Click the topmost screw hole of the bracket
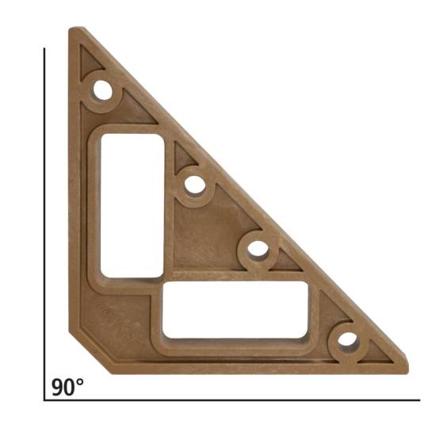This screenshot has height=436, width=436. pyautogui.click(x=103, y=90)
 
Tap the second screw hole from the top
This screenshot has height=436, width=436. pyautogui.click(x=195, y=185)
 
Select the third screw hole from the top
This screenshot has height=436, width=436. pyautogui.click(x=258, y=249)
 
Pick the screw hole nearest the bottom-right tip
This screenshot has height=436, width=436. pyautogui.click(x=347, y=340)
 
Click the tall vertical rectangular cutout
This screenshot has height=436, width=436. pyautogui.click(x=132, y=206)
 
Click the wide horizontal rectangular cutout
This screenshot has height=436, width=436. pyautogui.click(x=235, y=310)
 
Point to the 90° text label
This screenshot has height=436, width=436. pyautogui.click(x=67, y=387)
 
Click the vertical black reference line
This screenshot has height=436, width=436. pyautogui.click(x=44, y=224)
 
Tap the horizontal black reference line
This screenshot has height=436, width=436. pyautogui.click(x=232, y=400)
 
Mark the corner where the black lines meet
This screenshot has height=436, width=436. pyautogui.click(x=44, y=400)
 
